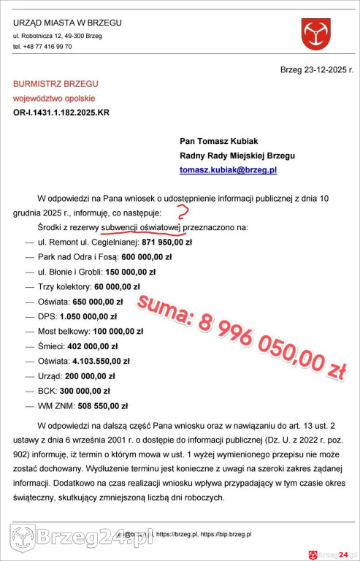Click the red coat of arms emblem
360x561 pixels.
pyautogui.click(x=316, y=34)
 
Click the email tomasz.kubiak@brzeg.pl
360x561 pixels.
pyautogui.click(x=229, y=169)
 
